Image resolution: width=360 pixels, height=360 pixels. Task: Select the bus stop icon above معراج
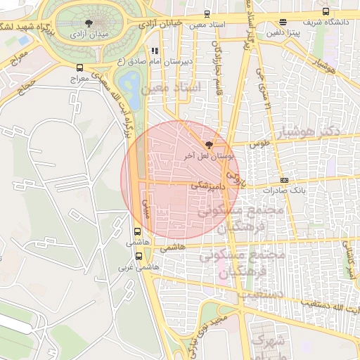(79, 67)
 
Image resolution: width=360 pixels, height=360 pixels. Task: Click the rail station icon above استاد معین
(207, 13)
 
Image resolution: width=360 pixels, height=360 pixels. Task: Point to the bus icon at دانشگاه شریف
(325, 11)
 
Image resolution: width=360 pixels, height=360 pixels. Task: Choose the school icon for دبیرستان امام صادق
(155, 51)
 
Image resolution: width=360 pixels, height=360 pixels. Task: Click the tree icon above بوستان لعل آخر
(207, 143)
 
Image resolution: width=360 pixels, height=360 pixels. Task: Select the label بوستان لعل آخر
(207, 154)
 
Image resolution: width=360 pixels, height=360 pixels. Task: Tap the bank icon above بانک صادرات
(284, 180)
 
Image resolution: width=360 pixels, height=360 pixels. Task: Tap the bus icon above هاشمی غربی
(139, 256)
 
